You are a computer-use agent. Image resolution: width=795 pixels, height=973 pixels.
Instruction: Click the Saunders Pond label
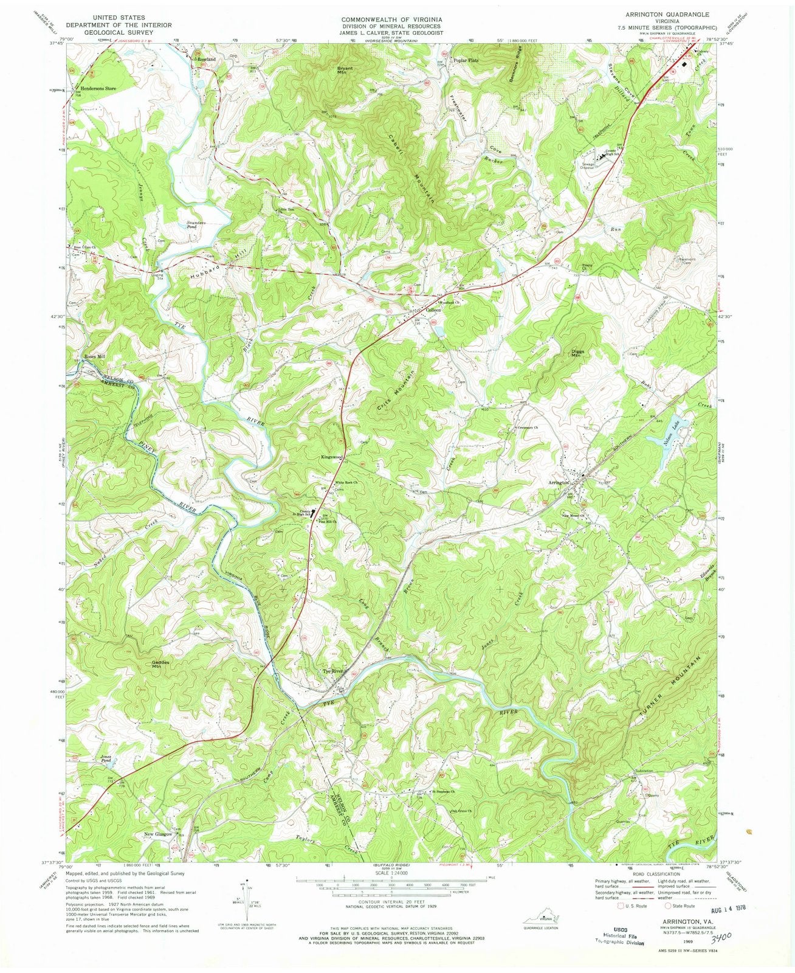[x=198, y=224]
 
